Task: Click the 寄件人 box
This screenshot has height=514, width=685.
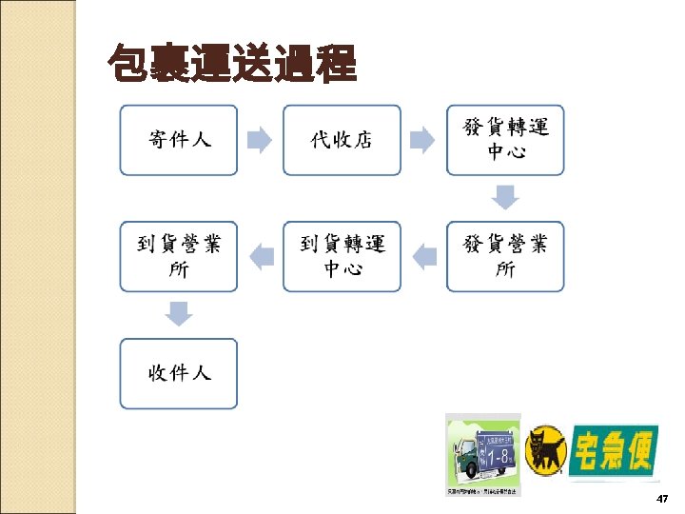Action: [x=178, y=140]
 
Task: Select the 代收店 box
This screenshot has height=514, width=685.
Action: [x=342, y=140]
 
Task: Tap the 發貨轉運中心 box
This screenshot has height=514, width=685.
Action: [x=505, y=140]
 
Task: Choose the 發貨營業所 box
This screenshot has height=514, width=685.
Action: [x=505, y=256]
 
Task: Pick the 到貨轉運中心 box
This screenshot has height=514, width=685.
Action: [x=342, y=256]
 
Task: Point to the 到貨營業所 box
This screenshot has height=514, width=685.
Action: [x=178, y=256]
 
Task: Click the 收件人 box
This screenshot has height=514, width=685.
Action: [x=178, y=373]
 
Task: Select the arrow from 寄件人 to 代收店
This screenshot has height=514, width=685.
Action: [x=260, y=141]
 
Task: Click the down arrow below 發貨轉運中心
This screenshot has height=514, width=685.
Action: [x=505, y=197]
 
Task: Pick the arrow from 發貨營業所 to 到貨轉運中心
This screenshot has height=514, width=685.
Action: [x=423, y=255]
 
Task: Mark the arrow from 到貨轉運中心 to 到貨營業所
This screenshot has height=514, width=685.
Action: [x=260, y=255]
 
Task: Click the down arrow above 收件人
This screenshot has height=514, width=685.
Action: [x=178, y=312]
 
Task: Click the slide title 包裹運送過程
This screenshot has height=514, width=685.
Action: [x=232, y=65]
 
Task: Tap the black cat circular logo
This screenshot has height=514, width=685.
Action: [x=547, y=448]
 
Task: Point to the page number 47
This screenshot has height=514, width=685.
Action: [x=663, y=499]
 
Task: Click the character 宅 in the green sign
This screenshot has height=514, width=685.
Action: [x=592, y=450]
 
